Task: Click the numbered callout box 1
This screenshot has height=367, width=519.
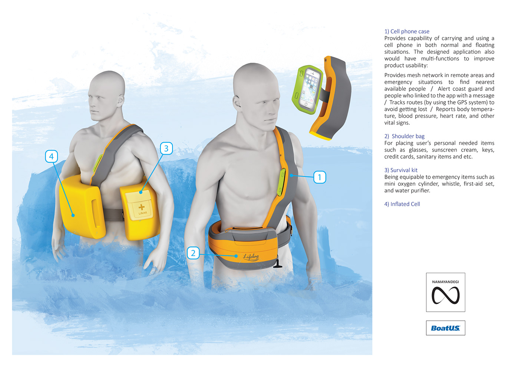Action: pyautogui.click(x=320, y=177)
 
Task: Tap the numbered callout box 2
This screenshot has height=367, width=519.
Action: pyautogui.click(x=193, y=253)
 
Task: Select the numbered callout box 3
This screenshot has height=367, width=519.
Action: pyautogui.click(x=166, y=149)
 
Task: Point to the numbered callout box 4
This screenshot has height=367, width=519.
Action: pyautogui.click(x=51, y=156)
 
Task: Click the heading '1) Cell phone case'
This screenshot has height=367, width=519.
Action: pyautogui.click(x=407, y=32)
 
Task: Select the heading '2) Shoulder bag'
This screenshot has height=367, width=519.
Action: pyautogui.click(x=404, y=136)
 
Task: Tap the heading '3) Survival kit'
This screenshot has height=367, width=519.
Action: pyautogui.click(x=401, y=170)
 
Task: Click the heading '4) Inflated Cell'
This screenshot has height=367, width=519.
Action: pyautogui.click(x=402, y=204)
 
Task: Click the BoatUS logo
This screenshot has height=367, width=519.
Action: pyautogui.click(x=445, y=328)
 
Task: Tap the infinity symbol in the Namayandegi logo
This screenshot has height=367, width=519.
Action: pyautogui.click(x=445, y=295)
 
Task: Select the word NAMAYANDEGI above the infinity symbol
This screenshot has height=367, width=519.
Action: pyautogui.click(x=445, y=282)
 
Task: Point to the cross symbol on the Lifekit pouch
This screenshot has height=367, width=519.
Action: pyautogui.click(x=141, y=207)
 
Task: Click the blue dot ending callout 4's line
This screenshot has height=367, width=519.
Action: pyautogui.click(x=73, y=215)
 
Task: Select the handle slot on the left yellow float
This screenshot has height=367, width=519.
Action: pyautogui.click(x=96, y=213)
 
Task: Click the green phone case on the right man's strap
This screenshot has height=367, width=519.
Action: pyautogui.click(x=281, y=182)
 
